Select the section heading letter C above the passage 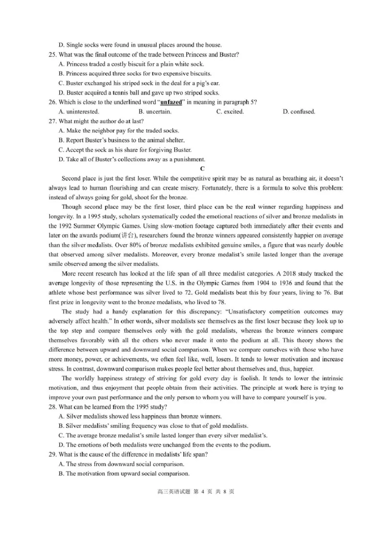click(x=195, y=169)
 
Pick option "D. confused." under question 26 click(x=299, y=111)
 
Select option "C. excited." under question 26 click(x=230, y=111)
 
